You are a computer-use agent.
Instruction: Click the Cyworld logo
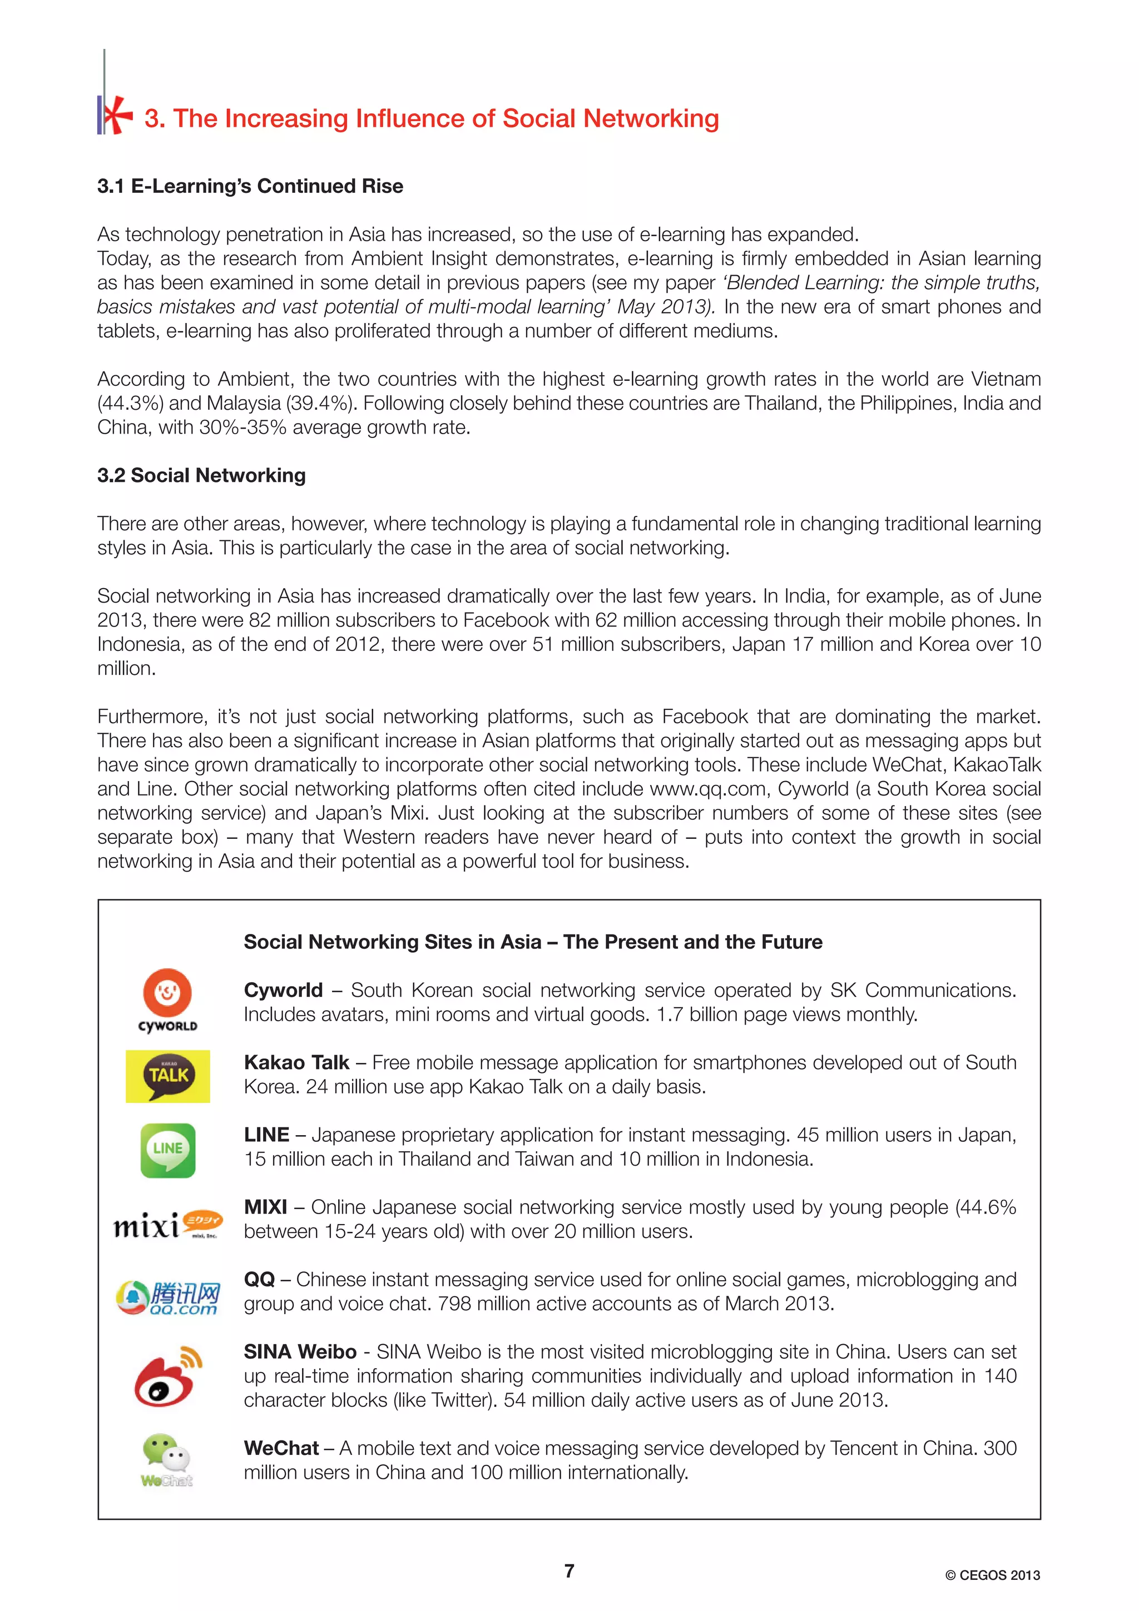(167, 1001)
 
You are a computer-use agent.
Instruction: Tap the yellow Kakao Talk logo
(168, 1076)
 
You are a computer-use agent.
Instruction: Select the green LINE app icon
(168, 1150)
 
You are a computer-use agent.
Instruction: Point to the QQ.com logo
(168, 1297)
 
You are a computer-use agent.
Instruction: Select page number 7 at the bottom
(569, 1570)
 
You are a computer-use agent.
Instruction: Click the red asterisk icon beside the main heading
(116, 115)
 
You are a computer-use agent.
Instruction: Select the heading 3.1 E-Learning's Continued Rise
(250, 186)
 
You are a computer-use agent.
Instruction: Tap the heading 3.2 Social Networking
(201, 475)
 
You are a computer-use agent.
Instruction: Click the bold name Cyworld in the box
(283, 990)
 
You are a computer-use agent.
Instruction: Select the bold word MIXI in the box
(265, 1207)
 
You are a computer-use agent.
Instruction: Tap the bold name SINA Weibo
(300, 1351)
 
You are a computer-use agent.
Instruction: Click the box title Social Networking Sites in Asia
(533, 942)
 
